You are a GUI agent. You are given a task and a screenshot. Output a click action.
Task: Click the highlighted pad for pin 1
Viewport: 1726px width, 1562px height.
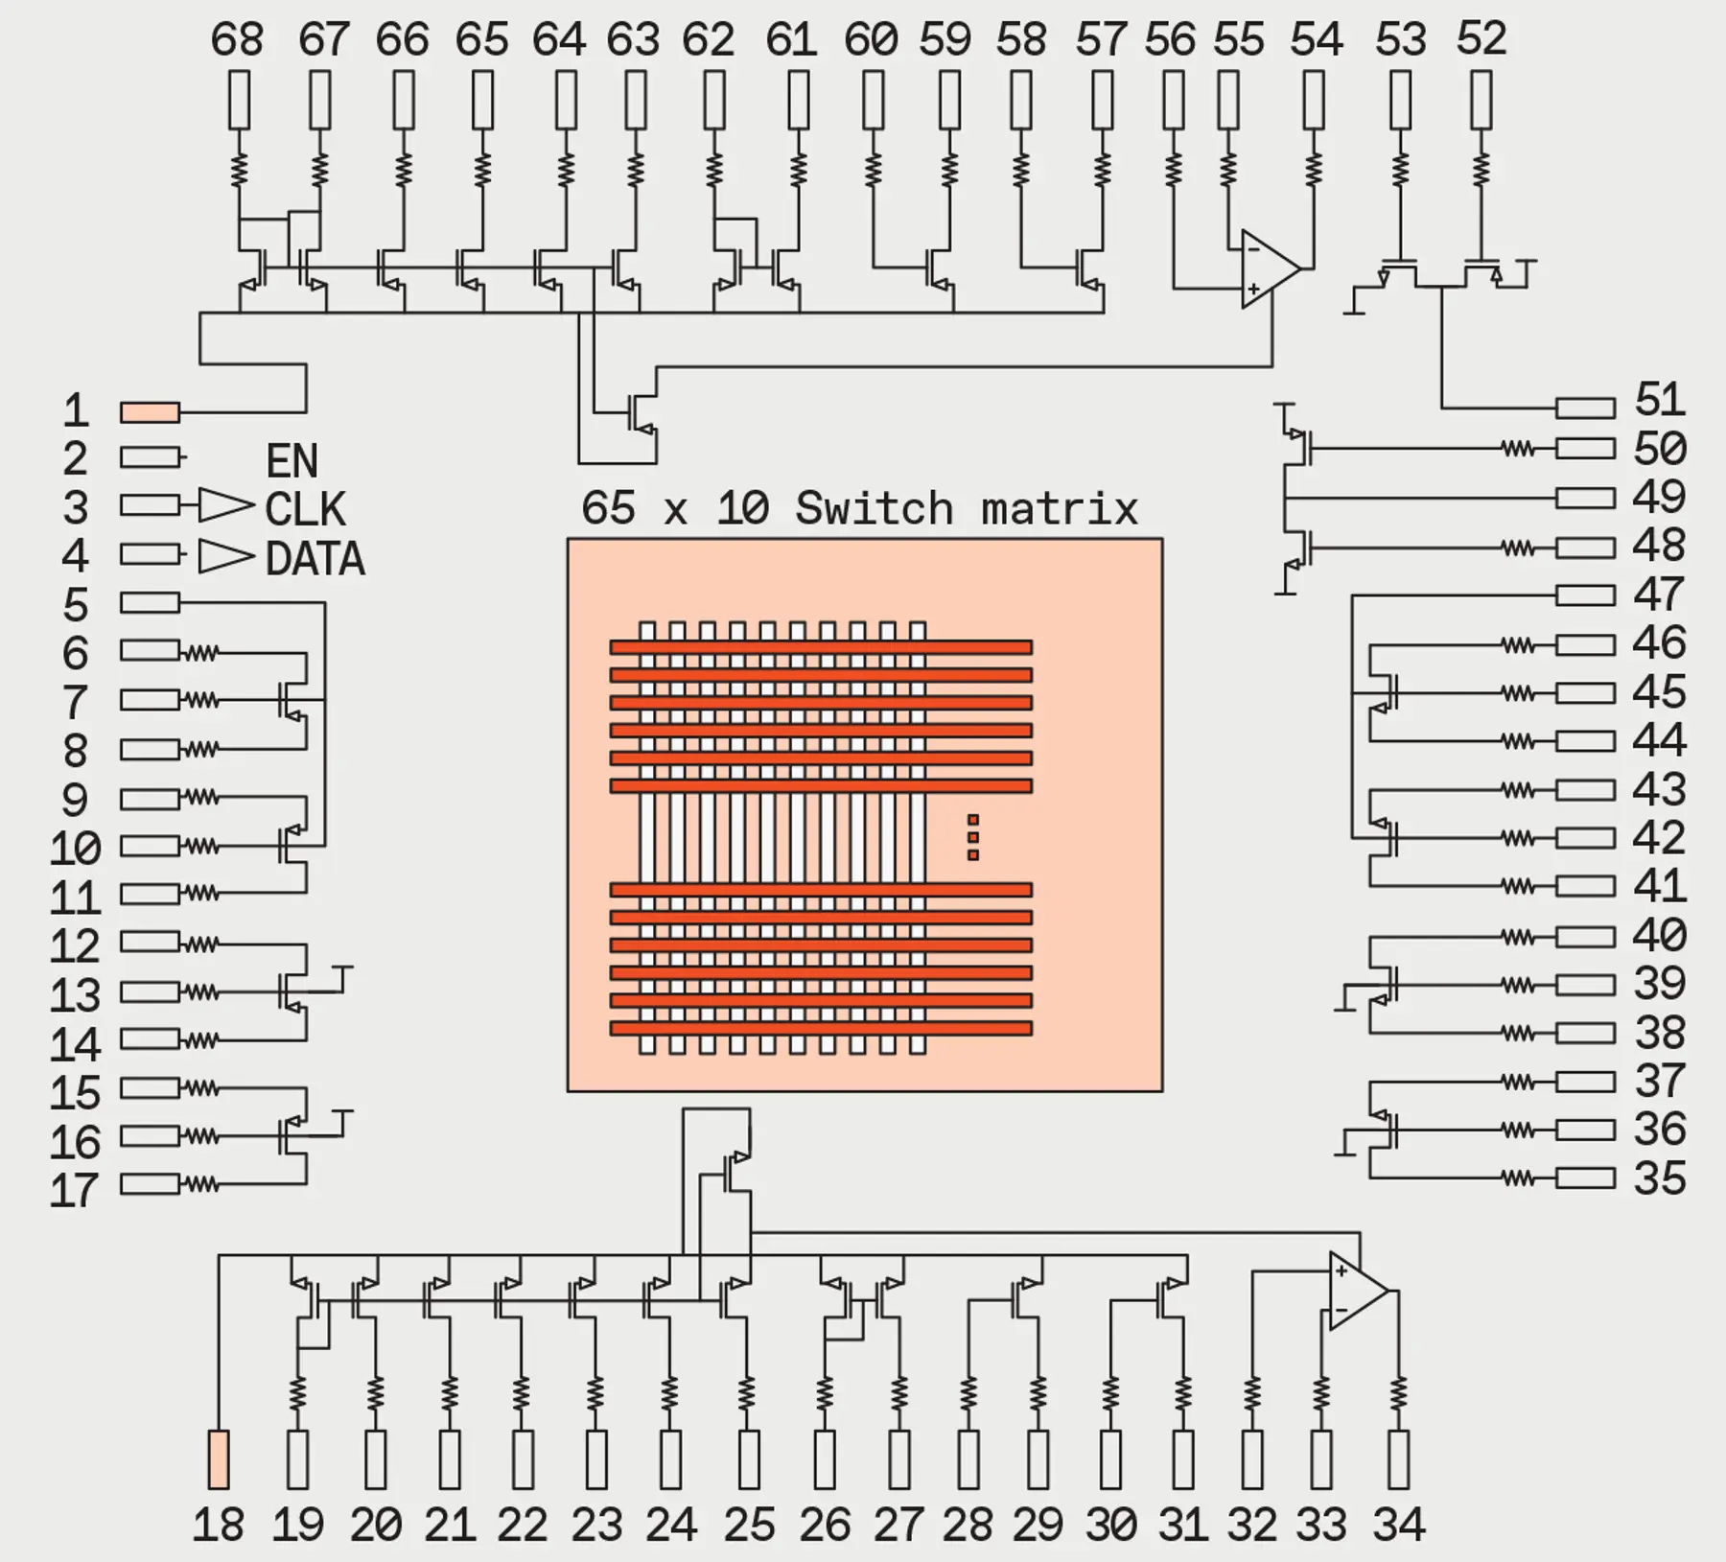tap(150, 412)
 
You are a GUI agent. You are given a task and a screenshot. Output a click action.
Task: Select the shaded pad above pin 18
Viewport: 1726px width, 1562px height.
tap(219, 1459)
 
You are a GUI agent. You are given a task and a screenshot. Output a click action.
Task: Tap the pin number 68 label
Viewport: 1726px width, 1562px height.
tap(237, 40)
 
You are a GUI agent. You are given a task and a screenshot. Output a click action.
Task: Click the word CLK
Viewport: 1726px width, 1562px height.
tap(305, 509)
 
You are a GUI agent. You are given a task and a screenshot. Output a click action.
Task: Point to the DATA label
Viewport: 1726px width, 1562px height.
tap(315, 559)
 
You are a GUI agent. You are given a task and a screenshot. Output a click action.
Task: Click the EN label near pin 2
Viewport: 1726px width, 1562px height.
tap(292, 461)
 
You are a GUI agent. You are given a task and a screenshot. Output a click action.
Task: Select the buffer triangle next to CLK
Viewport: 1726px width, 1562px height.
tap(226, 505)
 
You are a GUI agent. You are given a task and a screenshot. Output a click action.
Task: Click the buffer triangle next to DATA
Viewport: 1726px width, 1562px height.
tap(226, 556)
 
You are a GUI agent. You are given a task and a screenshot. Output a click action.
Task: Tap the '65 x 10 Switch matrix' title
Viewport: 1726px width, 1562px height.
tap(859, 508)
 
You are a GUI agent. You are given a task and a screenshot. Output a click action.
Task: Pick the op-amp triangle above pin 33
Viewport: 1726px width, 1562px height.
tap(1359, 1292)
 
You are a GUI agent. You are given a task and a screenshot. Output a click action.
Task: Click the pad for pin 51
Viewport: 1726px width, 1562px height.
tap(1585, 408)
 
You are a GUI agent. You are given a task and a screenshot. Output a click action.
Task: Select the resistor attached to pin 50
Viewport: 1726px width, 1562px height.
tap(1517, 448)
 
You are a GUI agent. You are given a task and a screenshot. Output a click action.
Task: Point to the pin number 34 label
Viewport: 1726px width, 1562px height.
tap(1399, 1525)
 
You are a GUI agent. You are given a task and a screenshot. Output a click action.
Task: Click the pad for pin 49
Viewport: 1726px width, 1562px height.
tap(1585, 498)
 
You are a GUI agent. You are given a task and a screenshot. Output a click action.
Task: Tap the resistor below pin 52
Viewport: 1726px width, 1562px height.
tap(1481, 170)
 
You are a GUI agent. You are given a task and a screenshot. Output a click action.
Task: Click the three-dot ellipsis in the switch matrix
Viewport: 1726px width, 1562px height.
tap(973, 837)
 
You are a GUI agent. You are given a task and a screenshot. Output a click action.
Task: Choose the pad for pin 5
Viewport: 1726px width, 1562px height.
tap(150, 602)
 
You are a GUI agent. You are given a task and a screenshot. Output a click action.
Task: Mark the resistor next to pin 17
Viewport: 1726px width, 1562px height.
tap(200, 1184)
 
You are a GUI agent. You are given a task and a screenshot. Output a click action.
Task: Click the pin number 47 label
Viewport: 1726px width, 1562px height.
tap(1659, 594)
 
